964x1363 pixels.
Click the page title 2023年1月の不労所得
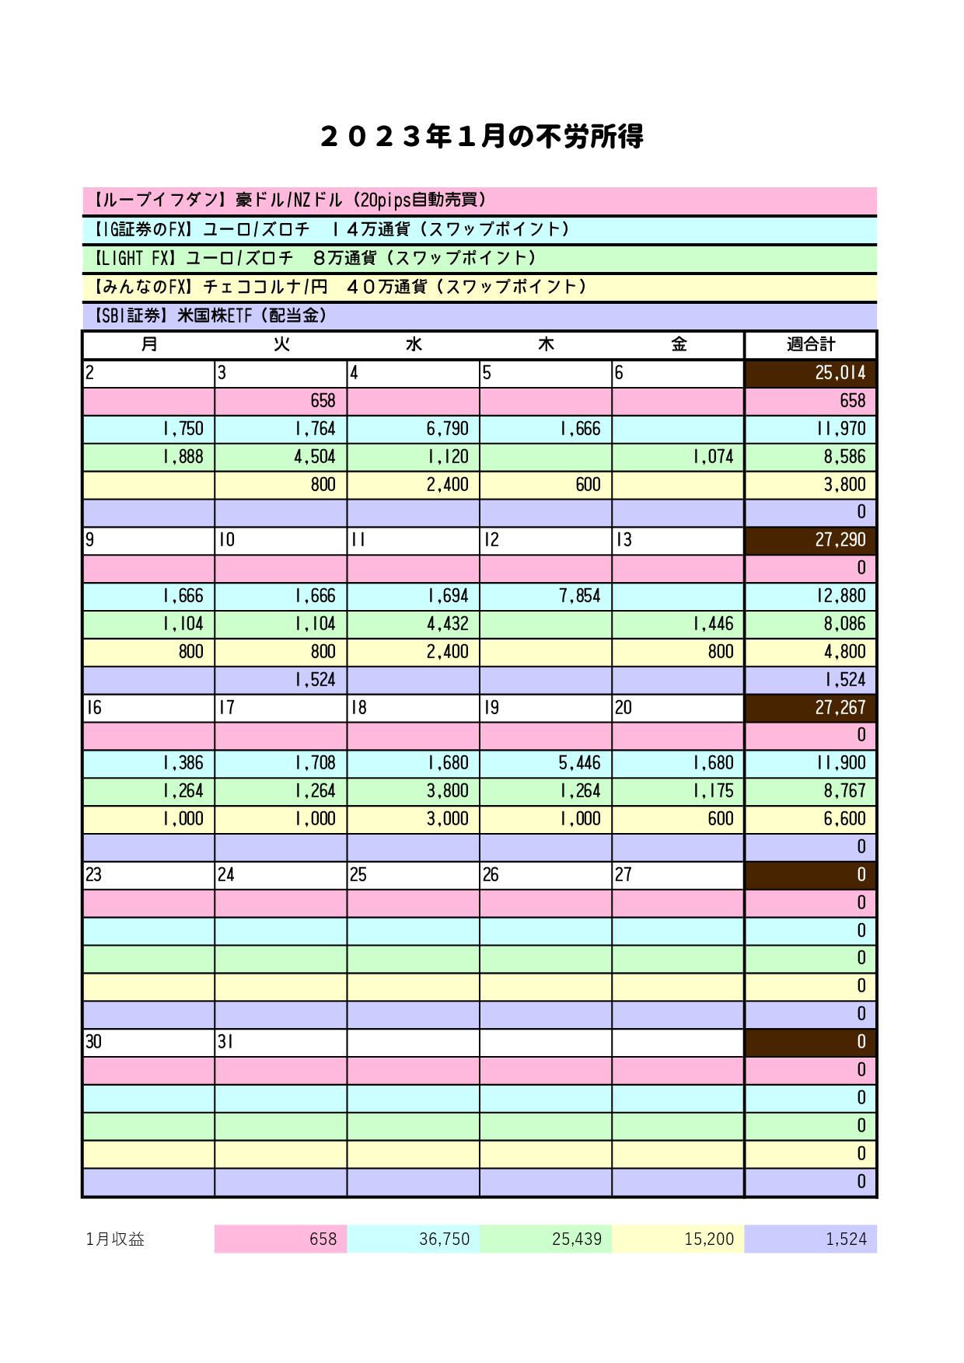point(481,137)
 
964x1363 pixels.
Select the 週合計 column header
point(810,344)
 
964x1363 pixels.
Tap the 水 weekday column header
point(414,344)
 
